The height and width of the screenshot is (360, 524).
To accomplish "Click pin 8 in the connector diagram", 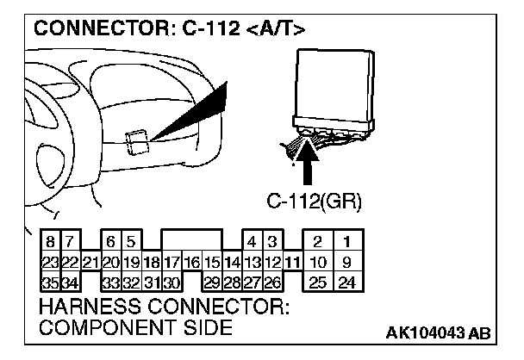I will tap(51, 244).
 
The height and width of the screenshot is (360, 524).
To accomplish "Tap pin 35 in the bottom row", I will tap(50, 281).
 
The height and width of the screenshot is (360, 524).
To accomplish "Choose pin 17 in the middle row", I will tap(171, 262).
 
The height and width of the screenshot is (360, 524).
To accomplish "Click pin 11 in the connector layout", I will tap(293, 262).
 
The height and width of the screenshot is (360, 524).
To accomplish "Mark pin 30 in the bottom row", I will tap(171, 281).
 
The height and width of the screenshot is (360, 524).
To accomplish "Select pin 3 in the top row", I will tap(272, 244).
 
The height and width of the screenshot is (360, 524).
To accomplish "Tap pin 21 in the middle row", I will tap(89, 262).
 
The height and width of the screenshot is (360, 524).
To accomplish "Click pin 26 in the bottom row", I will tap(272, 281).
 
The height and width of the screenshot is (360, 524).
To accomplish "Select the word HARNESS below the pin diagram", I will tap(91, 307).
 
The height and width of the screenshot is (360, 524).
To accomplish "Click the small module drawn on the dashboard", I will tap(136, 140).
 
